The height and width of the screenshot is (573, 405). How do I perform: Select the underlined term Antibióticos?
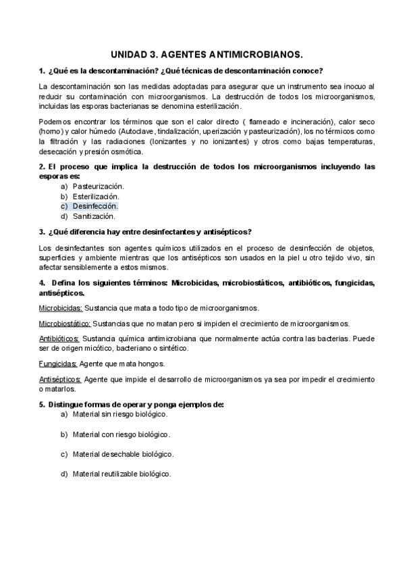59,339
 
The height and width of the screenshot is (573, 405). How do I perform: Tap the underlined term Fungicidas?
57,364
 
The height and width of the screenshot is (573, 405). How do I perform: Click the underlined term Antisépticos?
61,379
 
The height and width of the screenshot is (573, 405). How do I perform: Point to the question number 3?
42,232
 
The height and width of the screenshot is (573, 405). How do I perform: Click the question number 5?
42,404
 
